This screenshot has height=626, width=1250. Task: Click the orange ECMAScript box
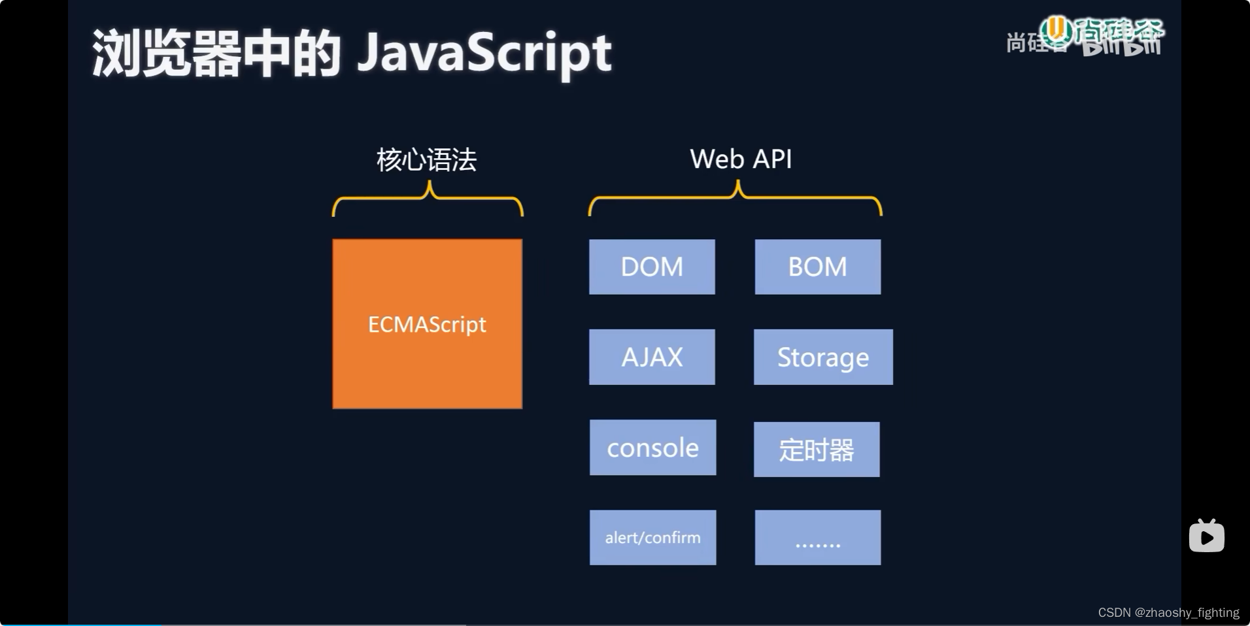pyautogui.click(x=427, y=324)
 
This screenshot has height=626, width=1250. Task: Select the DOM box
pyautogui.click(x=652, y=267)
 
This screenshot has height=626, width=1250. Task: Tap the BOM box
pyautogui.click(x=817, y=267)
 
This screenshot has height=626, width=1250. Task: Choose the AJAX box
pyautogui.click(x=652, y=357)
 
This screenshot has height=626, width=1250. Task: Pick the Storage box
pyautogui.click(x=823, y=357)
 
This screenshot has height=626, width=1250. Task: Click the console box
pyautogui.click(x=652, y=448)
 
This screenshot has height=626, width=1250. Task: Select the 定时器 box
pyautogui.click(x=817, y=450)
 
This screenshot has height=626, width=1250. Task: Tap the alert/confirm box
pyautogui.click(x=652, y=537)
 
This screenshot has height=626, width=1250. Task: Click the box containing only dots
pyautogui.click(x=817, y=537)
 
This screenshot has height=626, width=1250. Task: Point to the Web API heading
pyautogui.click(x=741, y=159)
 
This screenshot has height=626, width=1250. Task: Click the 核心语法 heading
pyautogui.click(x=426, y=159)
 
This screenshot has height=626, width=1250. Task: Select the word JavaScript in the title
pyautogui.click(x=484, y=54)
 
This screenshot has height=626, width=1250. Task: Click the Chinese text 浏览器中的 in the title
pyautogui.click(x=216, y=54)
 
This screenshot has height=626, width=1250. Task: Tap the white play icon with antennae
pyautogui.click(x=1206, y=536)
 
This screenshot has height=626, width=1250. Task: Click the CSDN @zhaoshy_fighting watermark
pyautogui.click(x=1168, y=612)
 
